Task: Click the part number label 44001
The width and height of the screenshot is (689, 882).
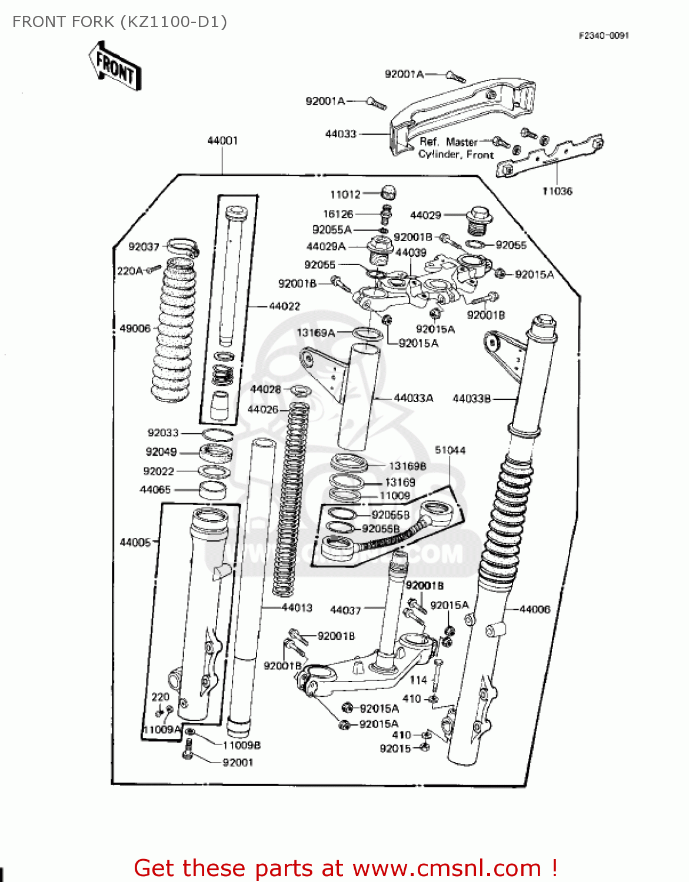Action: click(222, 141)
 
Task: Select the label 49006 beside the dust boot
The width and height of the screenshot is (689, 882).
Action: click(135, 328)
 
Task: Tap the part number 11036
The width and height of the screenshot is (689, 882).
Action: click(557, 191)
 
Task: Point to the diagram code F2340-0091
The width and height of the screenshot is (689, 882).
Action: click(604, 35)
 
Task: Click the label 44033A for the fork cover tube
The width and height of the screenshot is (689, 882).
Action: click(414, 398)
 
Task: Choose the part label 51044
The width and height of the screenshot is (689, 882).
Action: click(450, 450)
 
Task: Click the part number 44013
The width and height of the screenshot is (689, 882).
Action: click(297, 607)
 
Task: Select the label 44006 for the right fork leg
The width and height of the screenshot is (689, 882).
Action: click(535, 609)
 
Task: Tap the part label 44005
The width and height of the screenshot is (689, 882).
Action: click(135, 542)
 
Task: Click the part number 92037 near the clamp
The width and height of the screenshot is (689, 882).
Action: click(144, 246)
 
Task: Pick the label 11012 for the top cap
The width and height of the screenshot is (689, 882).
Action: click(345, 194)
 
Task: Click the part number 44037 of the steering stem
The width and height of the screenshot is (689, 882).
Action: click(345, 610)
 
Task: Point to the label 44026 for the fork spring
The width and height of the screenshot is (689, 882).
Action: click(262, 409)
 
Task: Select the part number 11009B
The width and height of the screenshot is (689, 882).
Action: click(241, 745)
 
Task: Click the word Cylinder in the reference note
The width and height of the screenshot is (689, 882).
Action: click(439, 154)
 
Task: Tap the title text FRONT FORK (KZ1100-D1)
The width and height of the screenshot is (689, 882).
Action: click(119, 22)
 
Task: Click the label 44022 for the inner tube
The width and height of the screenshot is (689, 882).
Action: click(284, 306)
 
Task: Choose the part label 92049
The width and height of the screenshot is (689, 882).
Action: click(161, 452)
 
